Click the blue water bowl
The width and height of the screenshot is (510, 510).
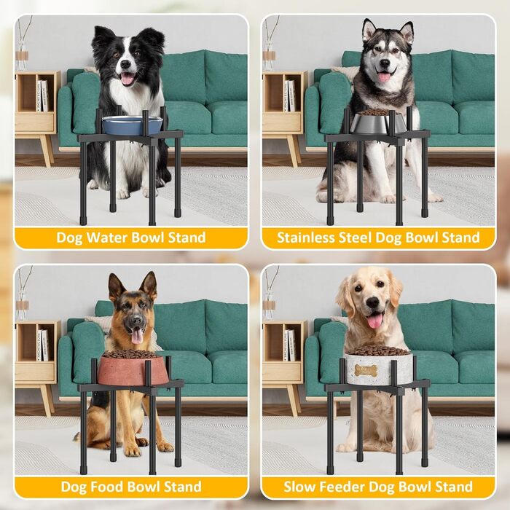click(132, 125)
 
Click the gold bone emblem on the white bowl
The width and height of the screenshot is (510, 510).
click(366, 370)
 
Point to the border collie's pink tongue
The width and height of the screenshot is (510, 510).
click(127, 79)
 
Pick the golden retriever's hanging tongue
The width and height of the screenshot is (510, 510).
click(375, 321)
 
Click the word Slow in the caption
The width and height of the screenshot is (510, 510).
click(300, 487)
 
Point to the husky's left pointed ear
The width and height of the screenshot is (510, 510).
click(369, 28)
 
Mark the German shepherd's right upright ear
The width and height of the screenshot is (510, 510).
click(149, 286)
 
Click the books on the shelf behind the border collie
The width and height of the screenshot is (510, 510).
click(42, 95)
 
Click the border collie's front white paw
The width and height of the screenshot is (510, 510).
click(122, 194)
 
